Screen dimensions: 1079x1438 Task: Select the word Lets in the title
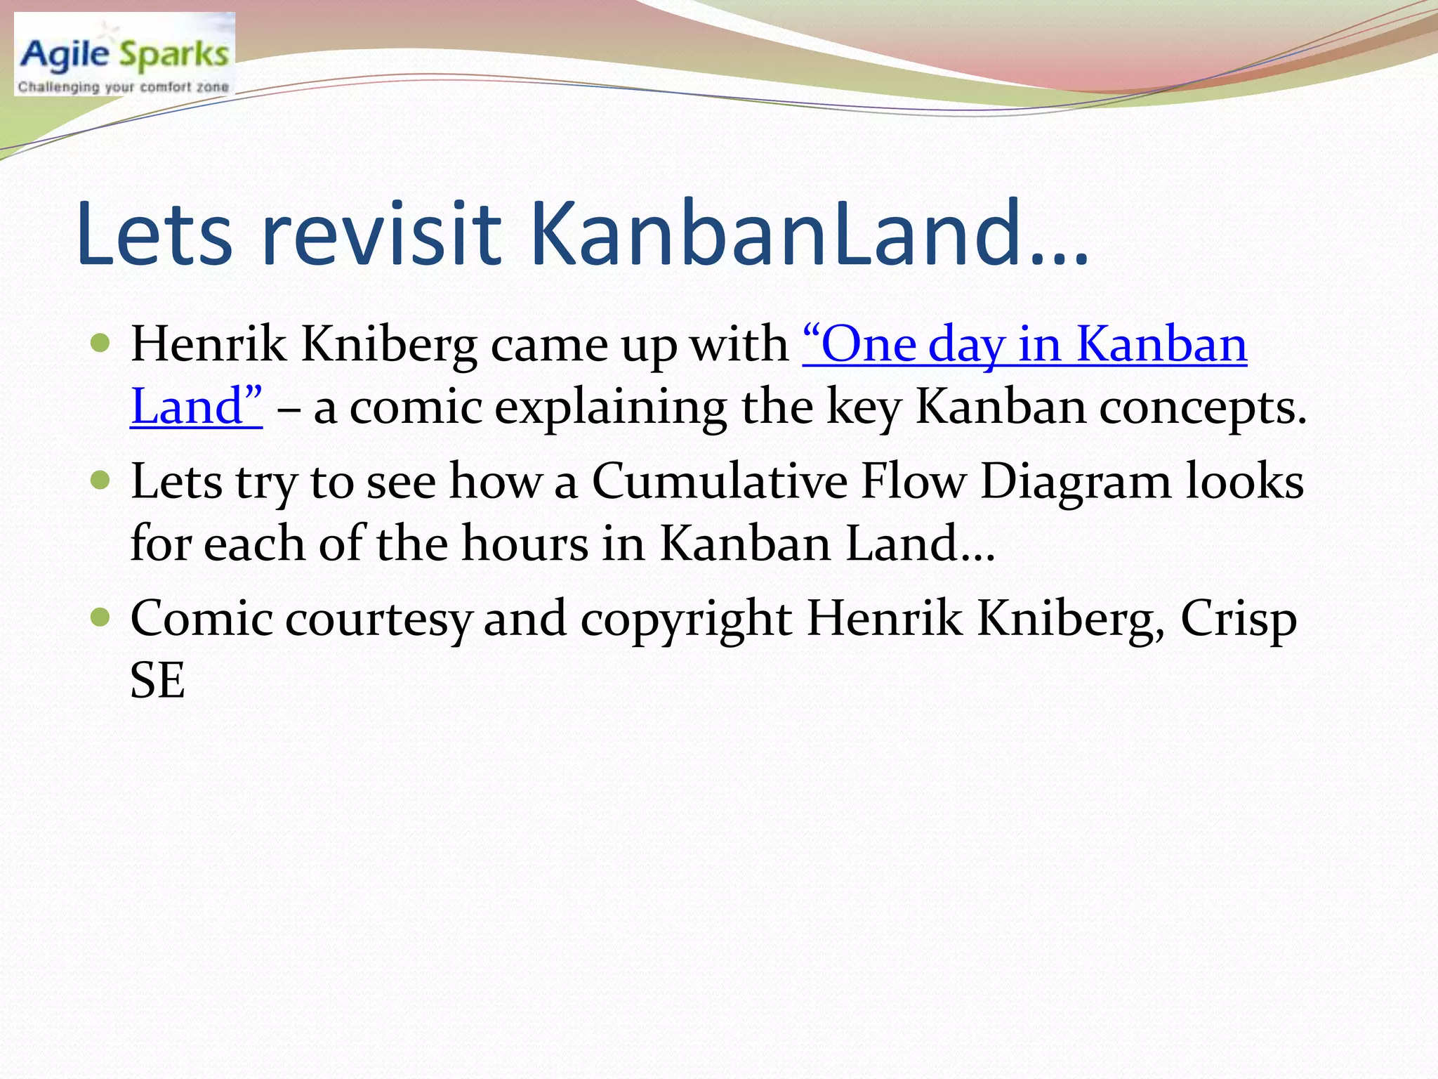tap(154, 234)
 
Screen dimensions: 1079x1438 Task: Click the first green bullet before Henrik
tap(101, 344)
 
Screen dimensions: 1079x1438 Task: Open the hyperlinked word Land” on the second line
tap(196, 407)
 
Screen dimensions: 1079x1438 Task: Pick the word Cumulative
tap(719, 482)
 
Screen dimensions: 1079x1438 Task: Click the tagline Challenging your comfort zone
tap(124, 87)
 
